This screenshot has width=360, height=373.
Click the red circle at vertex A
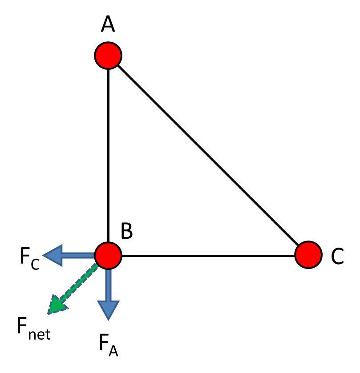pos(108,56)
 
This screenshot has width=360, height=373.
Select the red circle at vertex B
pos(108,256)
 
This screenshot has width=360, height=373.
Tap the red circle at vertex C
pos(308,255)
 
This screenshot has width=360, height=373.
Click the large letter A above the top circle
pos(108,25)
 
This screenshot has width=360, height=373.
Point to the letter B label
pos(126,231)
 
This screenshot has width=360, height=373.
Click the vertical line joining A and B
pos(108,156)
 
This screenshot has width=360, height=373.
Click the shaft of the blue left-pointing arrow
pos(80,256)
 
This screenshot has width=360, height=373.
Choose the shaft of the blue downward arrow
pos(108,285)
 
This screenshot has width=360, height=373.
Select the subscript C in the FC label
pos(35,265)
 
